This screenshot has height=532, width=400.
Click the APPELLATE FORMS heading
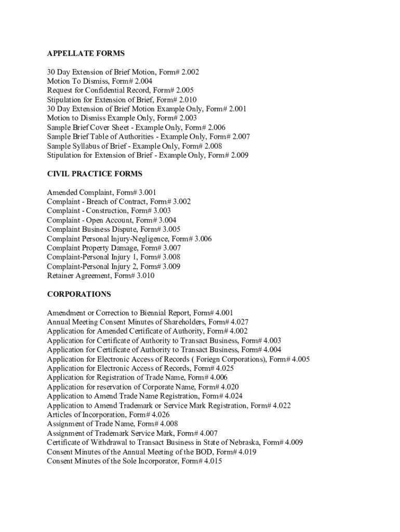tap(86, 54)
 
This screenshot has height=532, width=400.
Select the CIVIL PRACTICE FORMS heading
tap(95, 174)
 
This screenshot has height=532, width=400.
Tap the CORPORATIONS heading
tap(79, 294)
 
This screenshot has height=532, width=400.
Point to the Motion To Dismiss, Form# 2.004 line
tap(99, 81)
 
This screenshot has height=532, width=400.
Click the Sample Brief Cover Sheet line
tap(136, 127)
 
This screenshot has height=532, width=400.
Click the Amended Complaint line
tap(101, 192)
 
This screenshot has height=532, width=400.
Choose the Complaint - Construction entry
tap(109, 211)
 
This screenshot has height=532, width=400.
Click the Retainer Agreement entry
tap(100, 276)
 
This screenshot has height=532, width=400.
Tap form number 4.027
tap(238, 322)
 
